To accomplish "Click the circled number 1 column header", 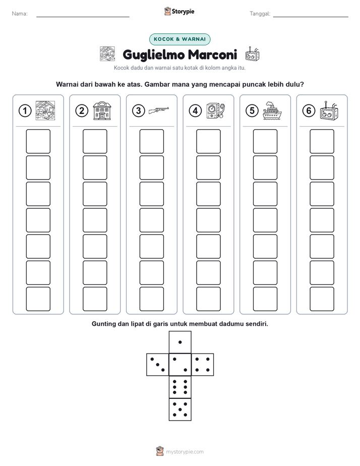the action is click(x=25, y=111).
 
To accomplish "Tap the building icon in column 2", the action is click(x=102, y=110).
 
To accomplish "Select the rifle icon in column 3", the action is click(x=159, y=110).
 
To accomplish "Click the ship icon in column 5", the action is click(x=272, y=110).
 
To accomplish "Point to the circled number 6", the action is click(x=309, y=111).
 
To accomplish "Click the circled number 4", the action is click(x=195, y=111).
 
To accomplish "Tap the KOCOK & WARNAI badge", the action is click(x=179, y=39).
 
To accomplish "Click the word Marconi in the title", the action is click(x=213, y=54).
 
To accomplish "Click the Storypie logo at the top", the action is click(x=179, y=12).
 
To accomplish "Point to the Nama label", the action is click(x=20, y=14).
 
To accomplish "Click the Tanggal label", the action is click(x=260, y=14).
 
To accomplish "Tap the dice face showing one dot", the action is click(x=180, y=342).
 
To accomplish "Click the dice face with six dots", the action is click(x=180, y=387).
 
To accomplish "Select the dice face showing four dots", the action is click(x=203, y=365).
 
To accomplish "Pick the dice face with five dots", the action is click(x=180, y=410).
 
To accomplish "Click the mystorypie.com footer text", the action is click(x=185, y=452).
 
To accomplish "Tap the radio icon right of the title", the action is click(x=253, y=54).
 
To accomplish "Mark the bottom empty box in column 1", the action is click(x=38, y=299).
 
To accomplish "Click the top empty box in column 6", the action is click(x=322, y=141).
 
